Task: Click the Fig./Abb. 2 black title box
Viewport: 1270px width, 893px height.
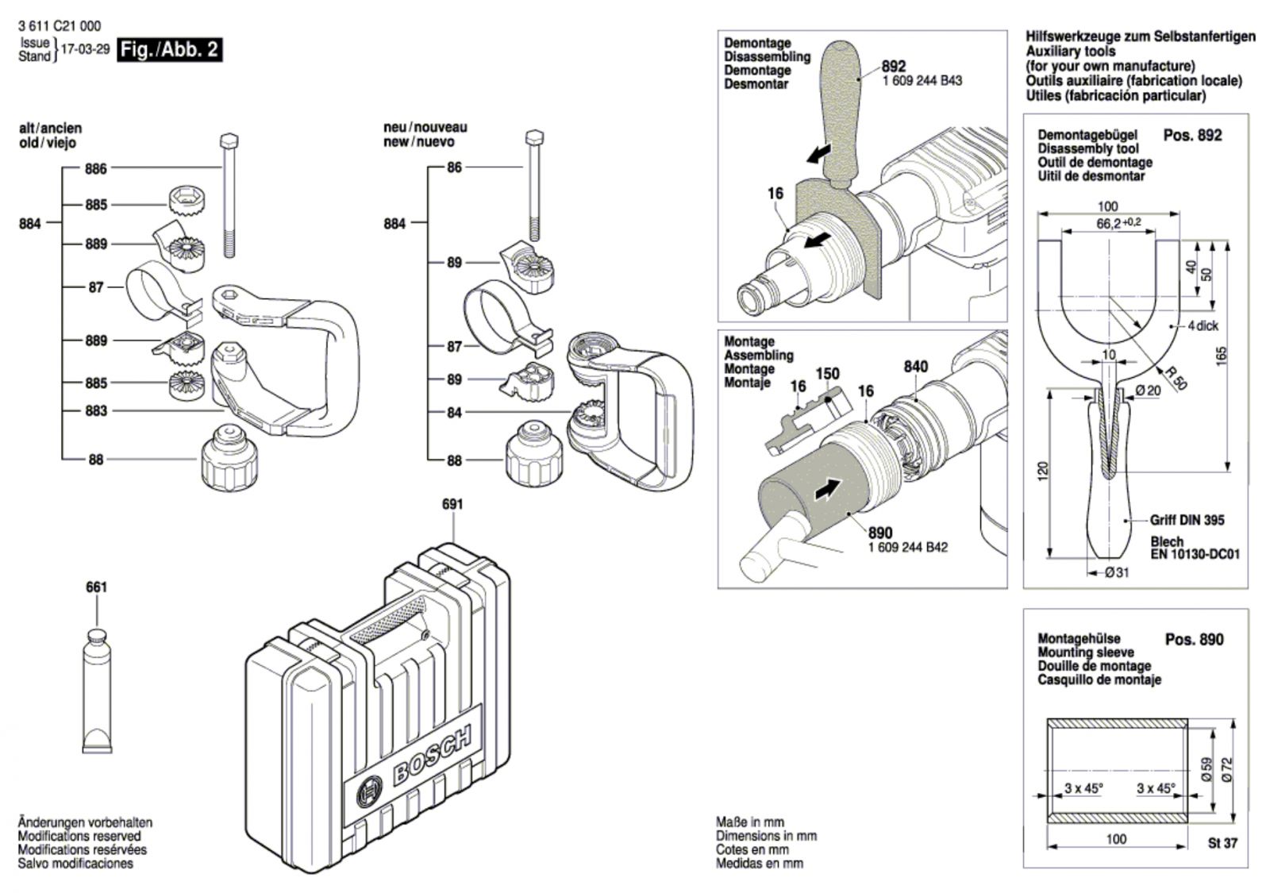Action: point(169,50)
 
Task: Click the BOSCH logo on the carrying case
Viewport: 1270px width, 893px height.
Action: point(431,758)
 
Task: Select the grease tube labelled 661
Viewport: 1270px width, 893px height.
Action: point(97,691)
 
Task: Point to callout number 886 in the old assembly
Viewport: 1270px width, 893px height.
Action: point(96,168)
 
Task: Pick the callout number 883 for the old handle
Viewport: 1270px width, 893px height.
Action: point(96,411)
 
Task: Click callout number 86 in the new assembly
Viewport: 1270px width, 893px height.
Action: point(454,167)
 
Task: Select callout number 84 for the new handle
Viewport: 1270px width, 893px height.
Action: point(454,413)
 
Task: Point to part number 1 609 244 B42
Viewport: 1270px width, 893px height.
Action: point(907,547)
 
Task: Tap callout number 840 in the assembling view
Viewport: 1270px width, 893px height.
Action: point(915,367)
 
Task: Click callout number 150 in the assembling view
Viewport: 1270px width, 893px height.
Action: point(828,374)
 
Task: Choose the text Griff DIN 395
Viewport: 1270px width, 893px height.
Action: point(1187,521)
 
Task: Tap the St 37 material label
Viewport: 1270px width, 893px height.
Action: point(1222,843)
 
